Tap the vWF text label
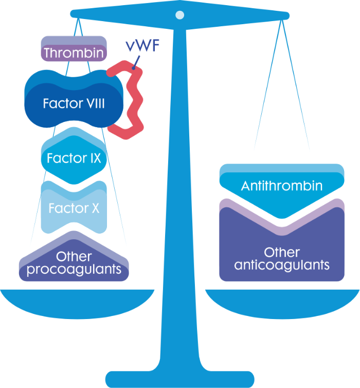[x=141, y=49]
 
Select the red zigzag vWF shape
[x=135, y=103]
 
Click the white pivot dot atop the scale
[x=179, y=15]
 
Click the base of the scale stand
[x=179, y=378]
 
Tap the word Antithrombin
[x=282, y=186]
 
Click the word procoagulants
[x=74, y=269]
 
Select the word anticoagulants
[x=282, y=266]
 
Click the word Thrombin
[x=74, y=53]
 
